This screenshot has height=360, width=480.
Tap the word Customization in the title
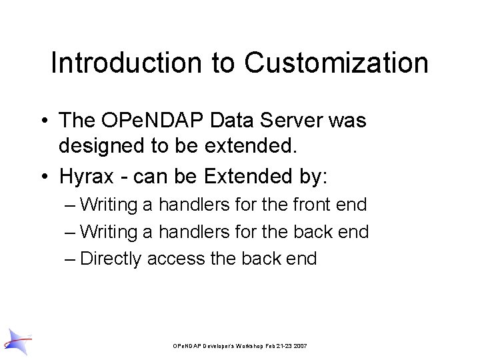point(336,63)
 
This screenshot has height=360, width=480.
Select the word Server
point(289,121)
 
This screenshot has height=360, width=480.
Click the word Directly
point(110,259)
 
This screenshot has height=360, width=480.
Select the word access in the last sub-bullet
point(177,259)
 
